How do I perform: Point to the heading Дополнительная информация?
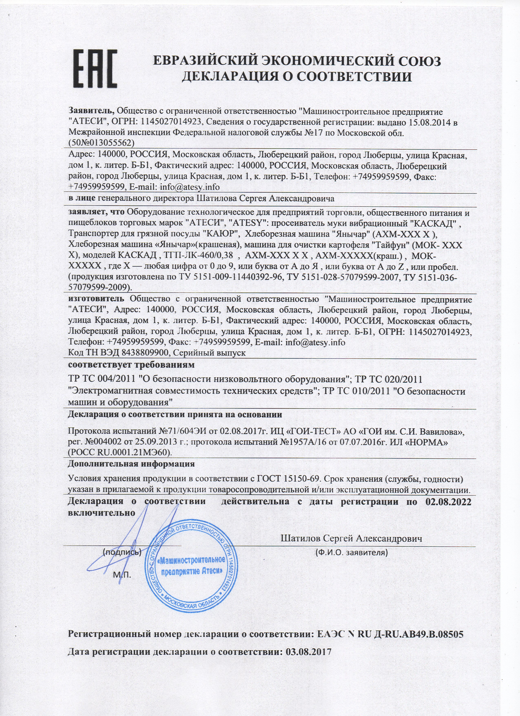131,464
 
